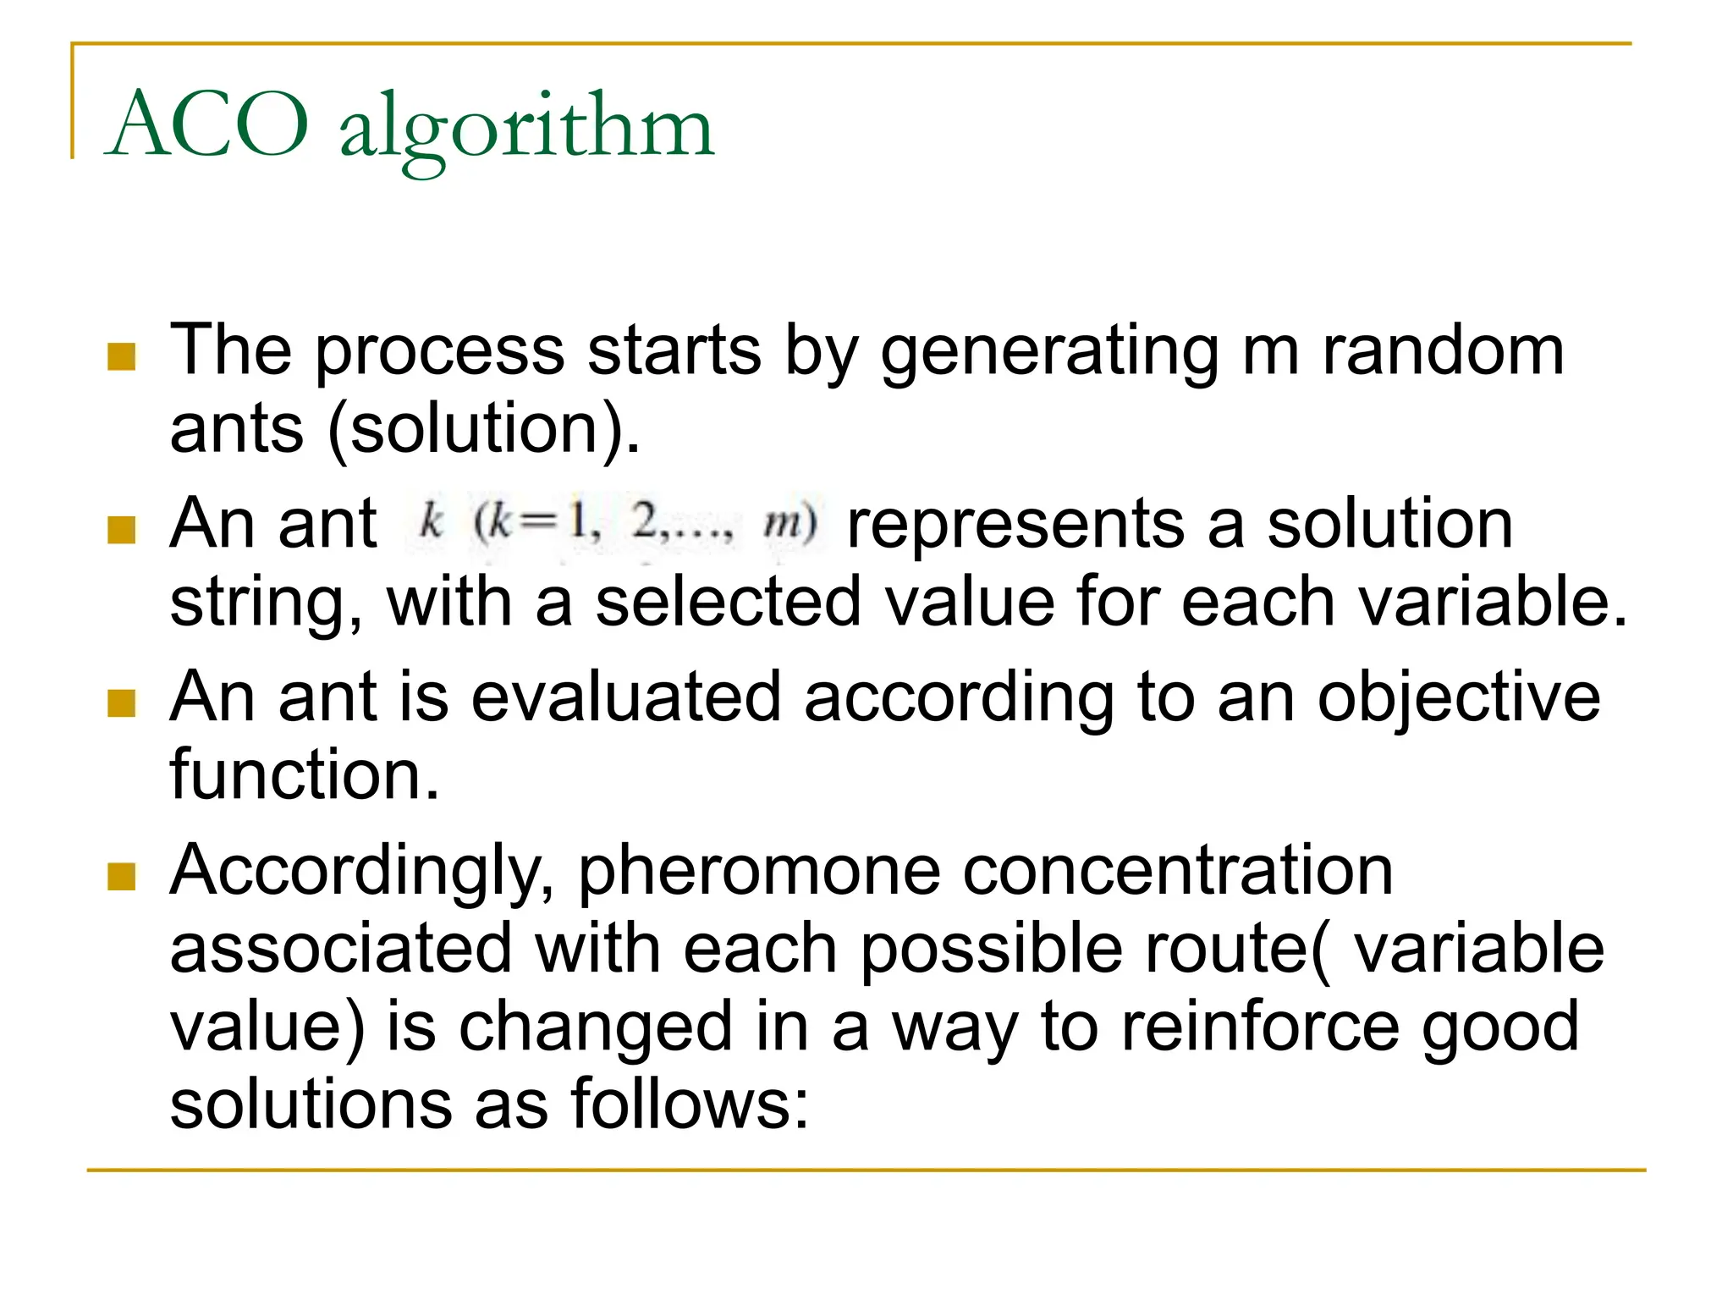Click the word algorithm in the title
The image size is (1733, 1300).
tap(526, 129)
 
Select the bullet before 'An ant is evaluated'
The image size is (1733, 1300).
tap(122, 702)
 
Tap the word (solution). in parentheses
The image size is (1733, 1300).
tap(483, 430)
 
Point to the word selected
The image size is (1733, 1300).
tap(728, 603)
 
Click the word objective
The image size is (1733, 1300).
tap(1458, 699)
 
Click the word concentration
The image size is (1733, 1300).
tap(1178, 872)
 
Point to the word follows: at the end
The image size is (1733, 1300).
tap(690, 1104)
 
